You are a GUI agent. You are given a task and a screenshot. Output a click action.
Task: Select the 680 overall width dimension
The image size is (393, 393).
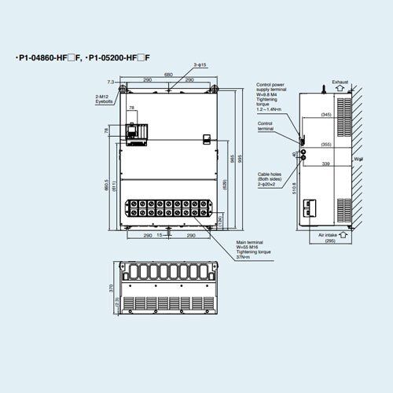(168, 75)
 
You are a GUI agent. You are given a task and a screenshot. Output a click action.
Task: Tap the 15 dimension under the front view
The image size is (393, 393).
(160, 234)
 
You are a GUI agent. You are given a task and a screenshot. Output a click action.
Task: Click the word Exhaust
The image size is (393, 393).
(340, 82)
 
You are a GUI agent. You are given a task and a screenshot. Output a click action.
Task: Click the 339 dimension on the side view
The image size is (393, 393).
(326, 164)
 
